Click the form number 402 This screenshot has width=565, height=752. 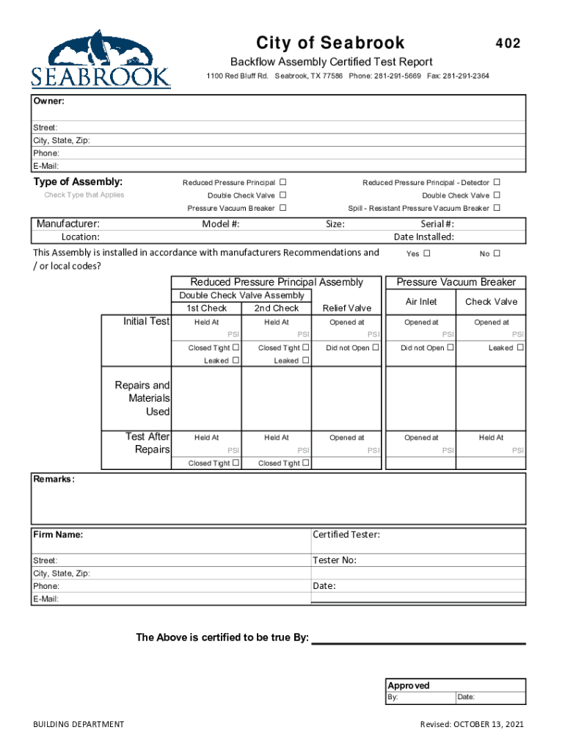click(x=507, y=44)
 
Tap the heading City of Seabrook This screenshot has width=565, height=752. click(x=330, y=43)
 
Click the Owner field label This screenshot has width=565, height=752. click(x=49, y=101)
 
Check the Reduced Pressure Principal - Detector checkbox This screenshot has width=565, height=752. click(x=497, y=182)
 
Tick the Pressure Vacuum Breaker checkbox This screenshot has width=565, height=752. click(x=282, y=208)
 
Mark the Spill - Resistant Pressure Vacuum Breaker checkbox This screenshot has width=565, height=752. click(x=497, y=208)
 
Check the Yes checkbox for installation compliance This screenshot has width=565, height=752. click(x=427, y=253)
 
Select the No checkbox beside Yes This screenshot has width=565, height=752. click(x=497, y=253)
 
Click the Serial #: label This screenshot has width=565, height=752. click(x=437, y=224)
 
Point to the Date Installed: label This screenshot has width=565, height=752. click(x=423, y=236)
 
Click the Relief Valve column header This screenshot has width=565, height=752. click(x=346, y=308)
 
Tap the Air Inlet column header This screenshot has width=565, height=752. click(x=421, y=302)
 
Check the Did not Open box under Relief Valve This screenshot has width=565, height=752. click(x=375, y=347)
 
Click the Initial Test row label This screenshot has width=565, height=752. click(x=146, y=322)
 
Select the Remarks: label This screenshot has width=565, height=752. click(x=54, y=479)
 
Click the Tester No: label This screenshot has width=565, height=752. click(x=335, y=560)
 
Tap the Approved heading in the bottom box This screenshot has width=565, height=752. click(x=409, y=685)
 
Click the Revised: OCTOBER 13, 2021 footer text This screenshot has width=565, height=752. click(x=472, y=725)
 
